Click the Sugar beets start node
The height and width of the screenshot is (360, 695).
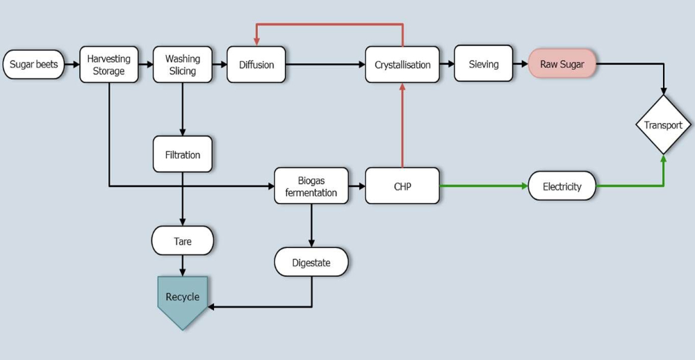click(x=34, y=65)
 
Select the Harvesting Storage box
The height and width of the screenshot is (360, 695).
click(x=109, y=65)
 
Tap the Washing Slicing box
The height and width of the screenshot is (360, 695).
click(x=182, y=65)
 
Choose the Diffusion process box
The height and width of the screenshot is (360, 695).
click(x=256, y=65)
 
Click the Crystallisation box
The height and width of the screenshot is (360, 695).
click(x=402, y=65)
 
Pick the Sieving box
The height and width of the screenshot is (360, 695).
click(x=483, y=64)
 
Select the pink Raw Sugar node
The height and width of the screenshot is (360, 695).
click(x=562, y=64)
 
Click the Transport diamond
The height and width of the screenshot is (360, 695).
click(x=663, y=125)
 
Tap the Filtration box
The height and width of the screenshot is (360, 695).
click(x=182, y=154)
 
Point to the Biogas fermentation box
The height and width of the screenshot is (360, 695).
click(x=311, y=186)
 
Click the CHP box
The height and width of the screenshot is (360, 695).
click(x=402, y=186)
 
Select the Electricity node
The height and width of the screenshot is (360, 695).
click(x=562, y=186)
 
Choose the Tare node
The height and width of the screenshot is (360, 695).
click(x=182, y=241)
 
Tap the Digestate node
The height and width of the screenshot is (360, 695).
click(x=311, y=263)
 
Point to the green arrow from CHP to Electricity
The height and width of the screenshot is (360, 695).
click(x=483, y=186)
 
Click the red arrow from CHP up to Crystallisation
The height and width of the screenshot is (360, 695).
click(x=402, y=125)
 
